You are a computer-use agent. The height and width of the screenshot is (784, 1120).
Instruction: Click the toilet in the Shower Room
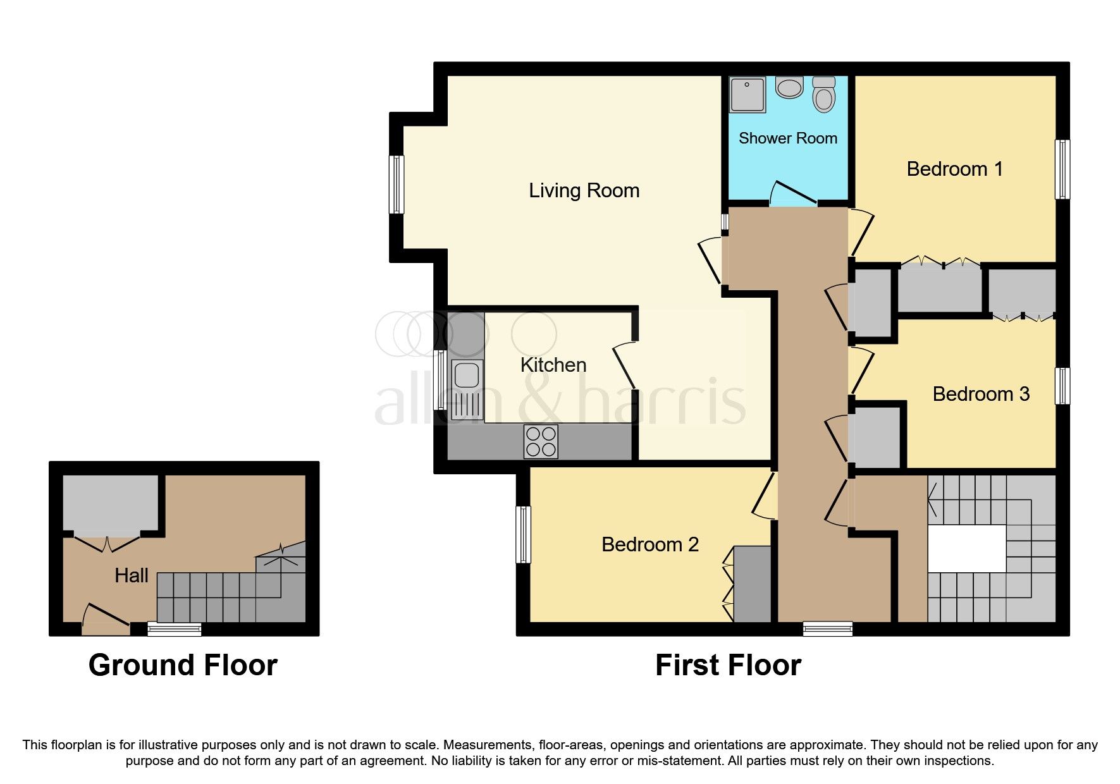[823, 95]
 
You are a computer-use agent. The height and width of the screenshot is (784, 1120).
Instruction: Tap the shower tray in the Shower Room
[747, 95]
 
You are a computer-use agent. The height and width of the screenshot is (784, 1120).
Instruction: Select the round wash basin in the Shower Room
[789, 87]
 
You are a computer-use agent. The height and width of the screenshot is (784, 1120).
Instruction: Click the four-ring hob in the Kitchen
[541, 441]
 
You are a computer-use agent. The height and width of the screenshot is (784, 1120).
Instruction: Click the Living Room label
[584, 190]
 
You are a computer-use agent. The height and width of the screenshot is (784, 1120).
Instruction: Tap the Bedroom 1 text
[954, 169]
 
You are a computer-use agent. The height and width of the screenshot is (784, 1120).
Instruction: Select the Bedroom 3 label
[980, 394]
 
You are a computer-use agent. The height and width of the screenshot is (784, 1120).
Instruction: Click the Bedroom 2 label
[649, 544]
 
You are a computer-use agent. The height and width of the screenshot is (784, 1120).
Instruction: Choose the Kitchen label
[553, 365]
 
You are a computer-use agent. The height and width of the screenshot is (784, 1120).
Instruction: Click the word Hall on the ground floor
[132, 575]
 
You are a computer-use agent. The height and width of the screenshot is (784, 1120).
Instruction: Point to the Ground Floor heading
[183, 665]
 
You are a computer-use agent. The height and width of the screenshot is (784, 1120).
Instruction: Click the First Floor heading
[728, 665]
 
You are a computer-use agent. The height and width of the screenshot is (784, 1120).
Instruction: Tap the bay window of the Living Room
[396, 184]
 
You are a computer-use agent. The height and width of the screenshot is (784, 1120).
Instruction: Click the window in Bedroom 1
[1062, 169]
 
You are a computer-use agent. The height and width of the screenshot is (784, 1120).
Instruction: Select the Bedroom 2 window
[523, 534]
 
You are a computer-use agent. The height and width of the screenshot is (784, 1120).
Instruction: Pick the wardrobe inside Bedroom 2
[751, 584]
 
